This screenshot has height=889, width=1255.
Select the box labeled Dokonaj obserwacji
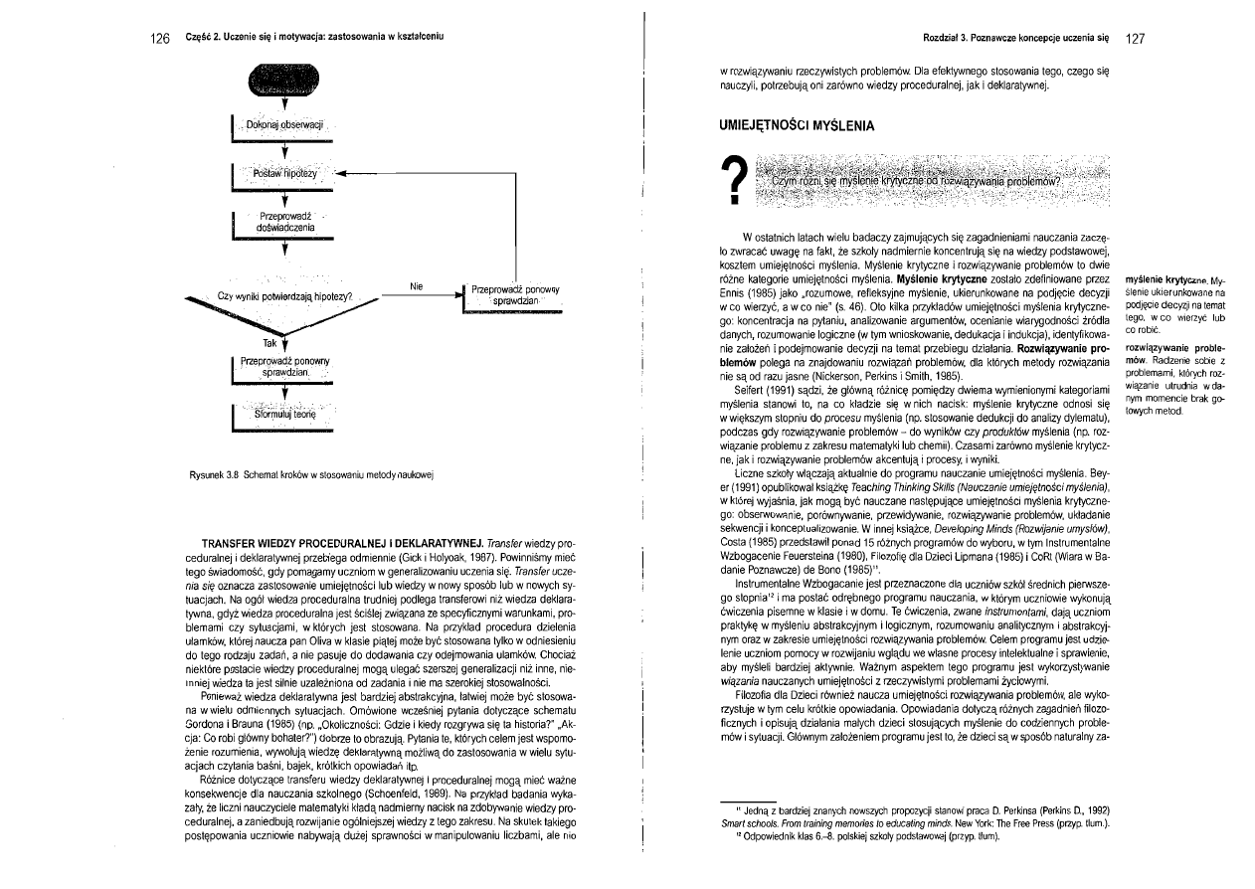(x=286, y=126)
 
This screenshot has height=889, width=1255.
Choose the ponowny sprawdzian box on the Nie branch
(x=514, y=295)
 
